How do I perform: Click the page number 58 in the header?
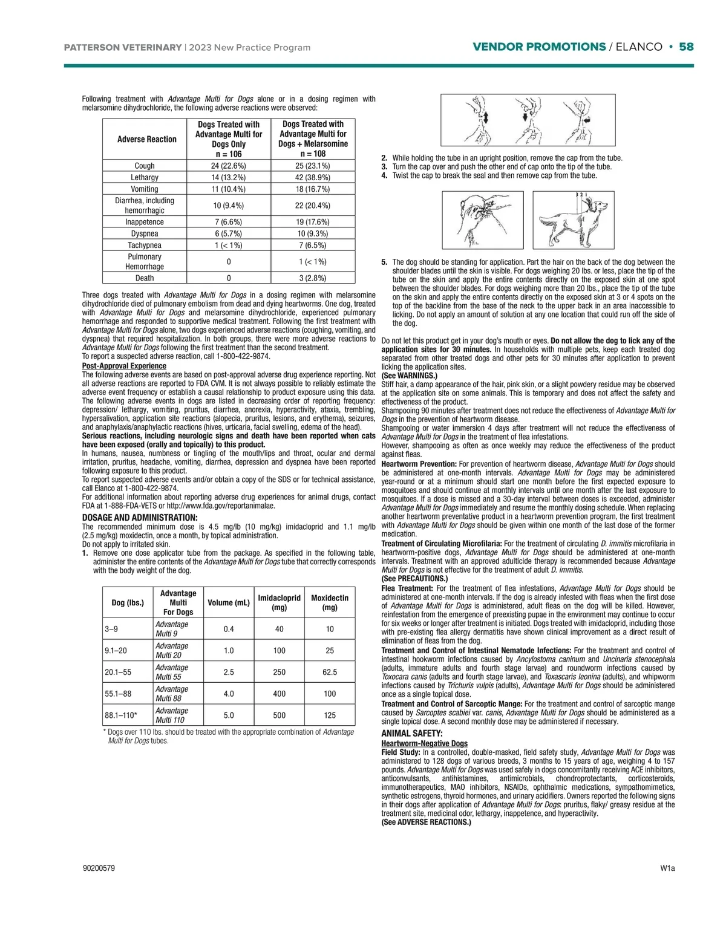pos(686,47)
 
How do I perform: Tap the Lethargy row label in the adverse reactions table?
pos(145,177)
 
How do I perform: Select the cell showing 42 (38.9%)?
pos(313,177)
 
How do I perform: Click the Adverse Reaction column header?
pos(147,139)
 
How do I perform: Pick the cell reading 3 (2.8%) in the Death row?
pos(313,278)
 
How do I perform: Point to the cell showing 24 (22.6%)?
pos(229,166)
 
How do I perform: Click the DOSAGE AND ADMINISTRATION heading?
pos(140,518)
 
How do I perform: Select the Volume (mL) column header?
pos(229,602)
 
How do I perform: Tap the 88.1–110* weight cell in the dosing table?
pos(121,715)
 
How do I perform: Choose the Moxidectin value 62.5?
pos(330,672)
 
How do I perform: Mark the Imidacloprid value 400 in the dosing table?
pos(279,694)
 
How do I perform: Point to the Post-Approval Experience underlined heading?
pos(124,366)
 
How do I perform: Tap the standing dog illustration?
pos(573,220)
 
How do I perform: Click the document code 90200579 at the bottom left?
pos(99,868)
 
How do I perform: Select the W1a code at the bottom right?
pos(667,868)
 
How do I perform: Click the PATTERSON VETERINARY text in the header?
pos(123,48)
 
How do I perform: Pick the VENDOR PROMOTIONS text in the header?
pos(539,47)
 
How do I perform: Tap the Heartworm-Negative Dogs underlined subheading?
pos(424,743)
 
